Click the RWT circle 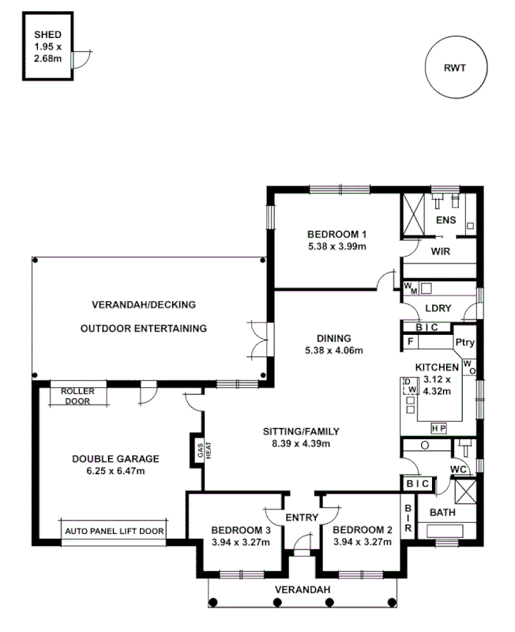(454, 68)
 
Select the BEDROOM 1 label (337, 234)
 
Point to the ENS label (445, 219)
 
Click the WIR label (440, 251)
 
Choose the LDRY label (438, 308)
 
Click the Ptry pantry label (464, 342)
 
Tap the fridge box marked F (410, 341)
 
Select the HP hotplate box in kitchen (438, 427)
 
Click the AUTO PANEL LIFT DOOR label (115, 532)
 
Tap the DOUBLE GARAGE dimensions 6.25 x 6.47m (115, 471)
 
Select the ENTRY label (301, 517)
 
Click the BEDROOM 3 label (242, 529)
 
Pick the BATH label (442, 513)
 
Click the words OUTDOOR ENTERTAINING (144, 328)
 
